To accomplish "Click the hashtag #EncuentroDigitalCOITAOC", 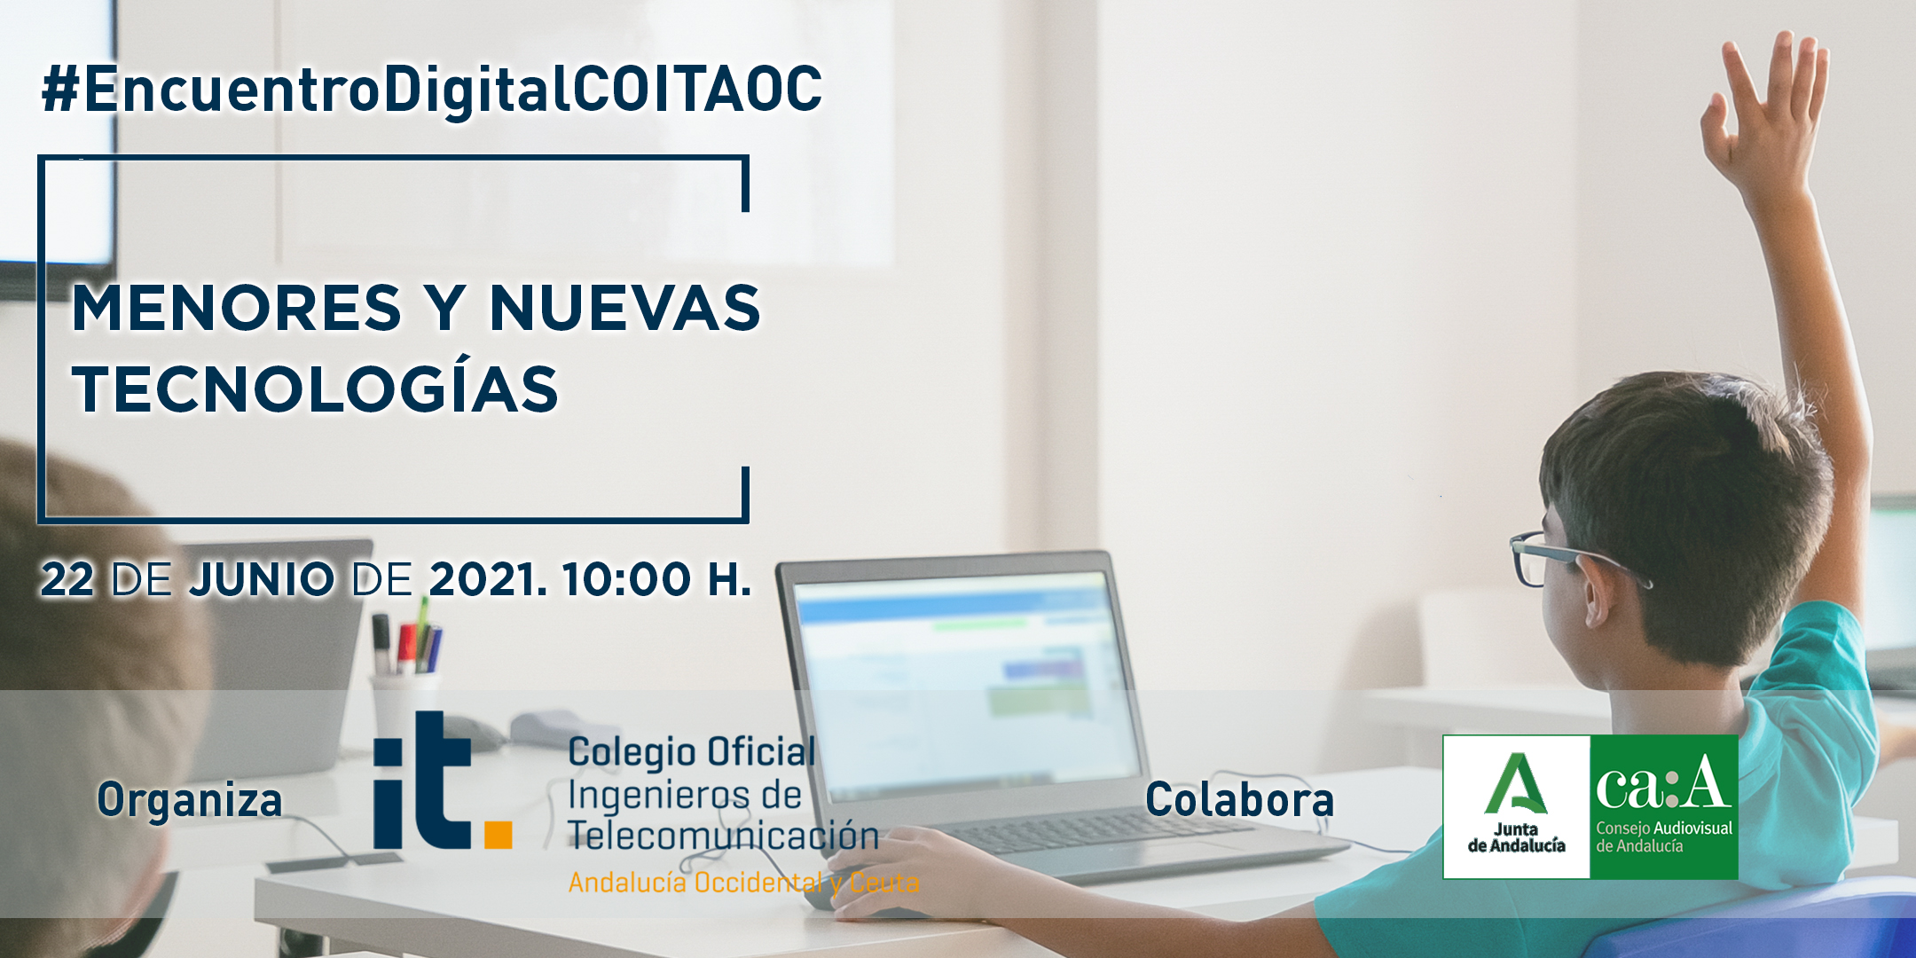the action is click(x=432, y=90).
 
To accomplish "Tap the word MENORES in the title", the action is click(x=237, y=308).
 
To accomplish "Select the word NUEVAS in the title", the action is click(x=624, y=308).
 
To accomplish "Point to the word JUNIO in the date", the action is click(x=262, y=579).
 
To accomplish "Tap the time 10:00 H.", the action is click(x=656, y=579).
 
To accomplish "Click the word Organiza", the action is click(x=190, y=800).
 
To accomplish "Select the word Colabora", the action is click(x=1239, y=799).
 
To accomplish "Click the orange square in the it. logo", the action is click(x=498, y=835).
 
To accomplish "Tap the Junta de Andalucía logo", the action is click(x=1517, y=806).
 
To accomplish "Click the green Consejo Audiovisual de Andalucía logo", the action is click(x=1664, y=806).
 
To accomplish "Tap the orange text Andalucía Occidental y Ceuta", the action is click(x=743, y=883).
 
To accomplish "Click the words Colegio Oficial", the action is click(x=692, y=753).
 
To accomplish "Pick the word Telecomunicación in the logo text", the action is click(x=723, y=836).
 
